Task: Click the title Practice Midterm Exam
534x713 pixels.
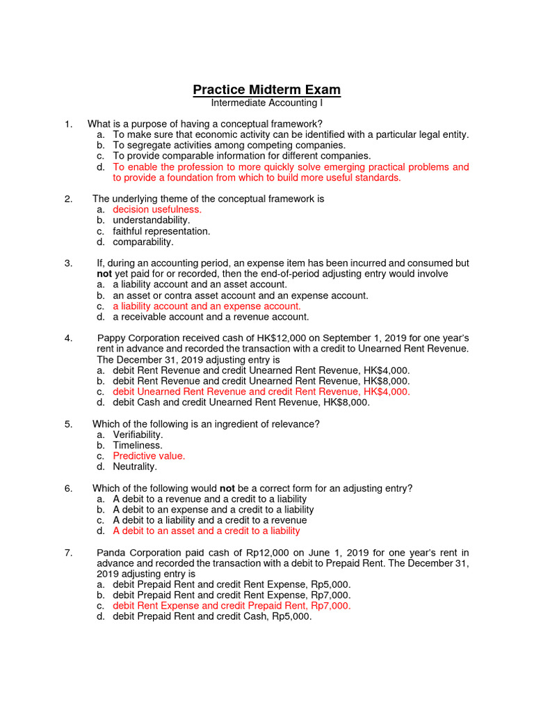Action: coord(266,90)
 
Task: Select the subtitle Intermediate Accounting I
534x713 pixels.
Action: coord(266,103)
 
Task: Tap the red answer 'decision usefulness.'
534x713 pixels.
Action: coord(157,210)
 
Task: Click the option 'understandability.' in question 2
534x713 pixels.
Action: coord(152,220)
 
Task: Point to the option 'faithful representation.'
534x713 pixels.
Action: coord(161,231)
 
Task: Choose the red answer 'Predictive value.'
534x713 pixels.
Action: coord(149,456)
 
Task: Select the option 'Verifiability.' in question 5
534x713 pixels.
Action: coord(138,434)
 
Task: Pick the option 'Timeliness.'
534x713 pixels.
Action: coord(138,445)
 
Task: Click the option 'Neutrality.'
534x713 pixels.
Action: coord(135,467)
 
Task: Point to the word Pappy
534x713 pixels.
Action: coord(111,338)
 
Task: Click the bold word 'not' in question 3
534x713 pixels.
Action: coord(104,274)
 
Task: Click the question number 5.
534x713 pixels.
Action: coord(68,424)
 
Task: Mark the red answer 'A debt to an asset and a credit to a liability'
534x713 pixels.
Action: coord(207,531)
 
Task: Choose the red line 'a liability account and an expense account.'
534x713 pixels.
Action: coord(207,306)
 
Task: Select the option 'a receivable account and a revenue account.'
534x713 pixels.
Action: coord(211,317)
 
